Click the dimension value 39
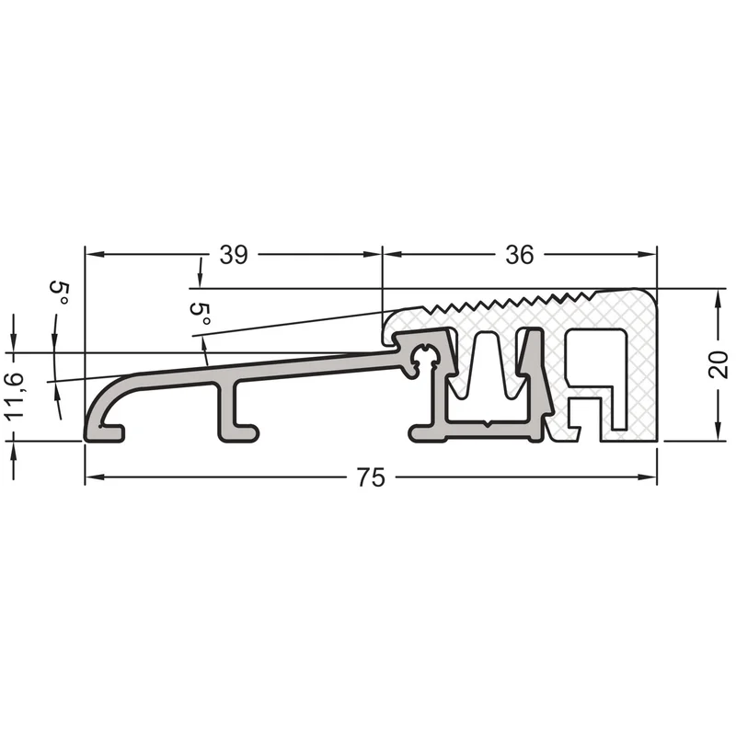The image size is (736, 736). [x=234, y=255]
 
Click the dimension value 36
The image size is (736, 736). [x=520, y=255]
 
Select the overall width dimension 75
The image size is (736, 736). [x=371, y=477]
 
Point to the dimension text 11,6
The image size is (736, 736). [x=15, y=396]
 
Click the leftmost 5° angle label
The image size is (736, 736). [x=60, y=293]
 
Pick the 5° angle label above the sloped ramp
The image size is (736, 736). [x=201, y=314]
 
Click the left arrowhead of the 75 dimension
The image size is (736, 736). [x=95, y=477]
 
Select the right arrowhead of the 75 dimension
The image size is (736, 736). [x=647, y=477]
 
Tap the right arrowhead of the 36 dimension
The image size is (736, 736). [x=647, y=255]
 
